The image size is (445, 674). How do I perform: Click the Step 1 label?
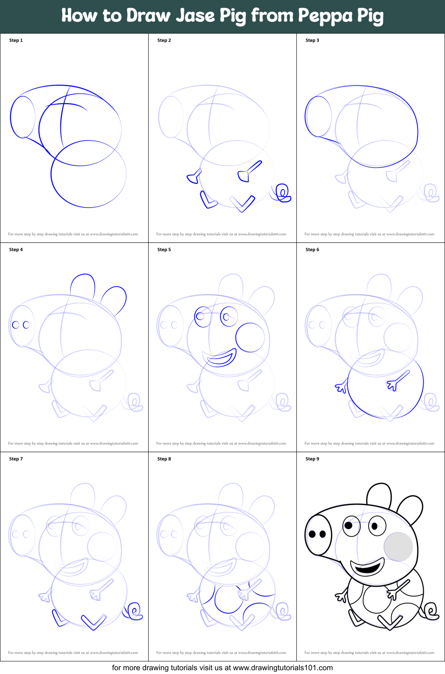tap(16, 40)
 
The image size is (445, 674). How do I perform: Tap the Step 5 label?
tap(164, 250)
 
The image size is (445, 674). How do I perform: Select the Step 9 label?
tap(312, 459)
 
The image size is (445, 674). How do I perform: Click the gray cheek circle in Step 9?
tap(398, 546)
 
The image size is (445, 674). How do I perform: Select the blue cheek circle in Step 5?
tap(250, 337)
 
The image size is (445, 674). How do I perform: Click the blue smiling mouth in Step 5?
tap(220, 359)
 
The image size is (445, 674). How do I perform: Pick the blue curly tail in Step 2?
tap(283, 193)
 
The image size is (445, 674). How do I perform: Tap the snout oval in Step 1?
tap(23, 117)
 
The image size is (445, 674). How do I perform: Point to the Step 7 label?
tap(16, 459)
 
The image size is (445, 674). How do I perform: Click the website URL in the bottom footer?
tap(283, 668)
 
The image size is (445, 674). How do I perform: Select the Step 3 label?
tap(312, 40)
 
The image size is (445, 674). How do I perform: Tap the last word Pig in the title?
tap(370, 16)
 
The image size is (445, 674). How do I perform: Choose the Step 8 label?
tap(164, 459)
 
